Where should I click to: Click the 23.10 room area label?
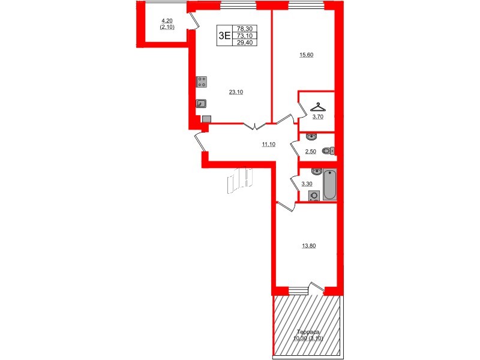click(x=236, y=92)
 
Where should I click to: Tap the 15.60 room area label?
click(x=307, y=55)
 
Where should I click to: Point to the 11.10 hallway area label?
click(x=268, y=145)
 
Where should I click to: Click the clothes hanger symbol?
click(x=319, y=107)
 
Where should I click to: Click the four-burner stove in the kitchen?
click(x=202, y=82)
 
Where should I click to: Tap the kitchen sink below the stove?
click(x=202, y=103)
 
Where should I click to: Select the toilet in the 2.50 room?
click(x=328, y=151)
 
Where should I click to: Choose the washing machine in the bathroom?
click(x=314, y=196)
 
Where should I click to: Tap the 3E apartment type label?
click(x=224, y=35)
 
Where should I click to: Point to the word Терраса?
click(x=310, y=332)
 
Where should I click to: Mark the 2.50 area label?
click(x=310, y=152)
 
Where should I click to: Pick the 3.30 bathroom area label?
click(x=306, y=184)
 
